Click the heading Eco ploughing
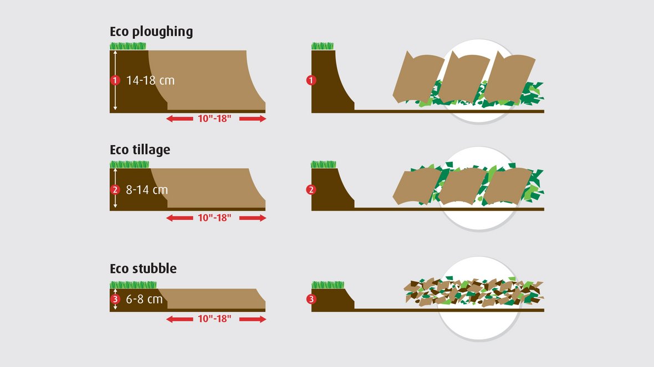click(x=151, y=32)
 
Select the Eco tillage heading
click(x=140, y=150)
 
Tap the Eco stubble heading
click(x=143, y=268)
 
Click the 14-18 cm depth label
click(x=150, y=80)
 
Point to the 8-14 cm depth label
click(x=147, y=190)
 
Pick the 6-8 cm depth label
click(x=144, y=299)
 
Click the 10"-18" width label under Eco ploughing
click(x=214, y=118)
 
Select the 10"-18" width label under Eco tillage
click(x=214, y=218)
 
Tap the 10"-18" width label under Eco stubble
click(x=214, y=319)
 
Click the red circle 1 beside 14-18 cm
click(x=115, y=80)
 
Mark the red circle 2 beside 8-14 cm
click(x=115, y=190)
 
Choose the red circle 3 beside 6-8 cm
click(x=115, y=299)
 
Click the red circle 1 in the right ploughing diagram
click(x=311, y=80)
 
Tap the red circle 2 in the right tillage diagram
click(x=311, y=190)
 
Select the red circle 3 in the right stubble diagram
click(x=311, y=299)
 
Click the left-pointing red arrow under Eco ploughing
click(x=180, y=118)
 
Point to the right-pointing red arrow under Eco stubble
click(x=253, y=319)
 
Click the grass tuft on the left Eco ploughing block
click(x=128, y=46)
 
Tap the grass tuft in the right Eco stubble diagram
click(x=328, y=285)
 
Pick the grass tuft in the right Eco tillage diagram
click(x=323, y=164)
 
